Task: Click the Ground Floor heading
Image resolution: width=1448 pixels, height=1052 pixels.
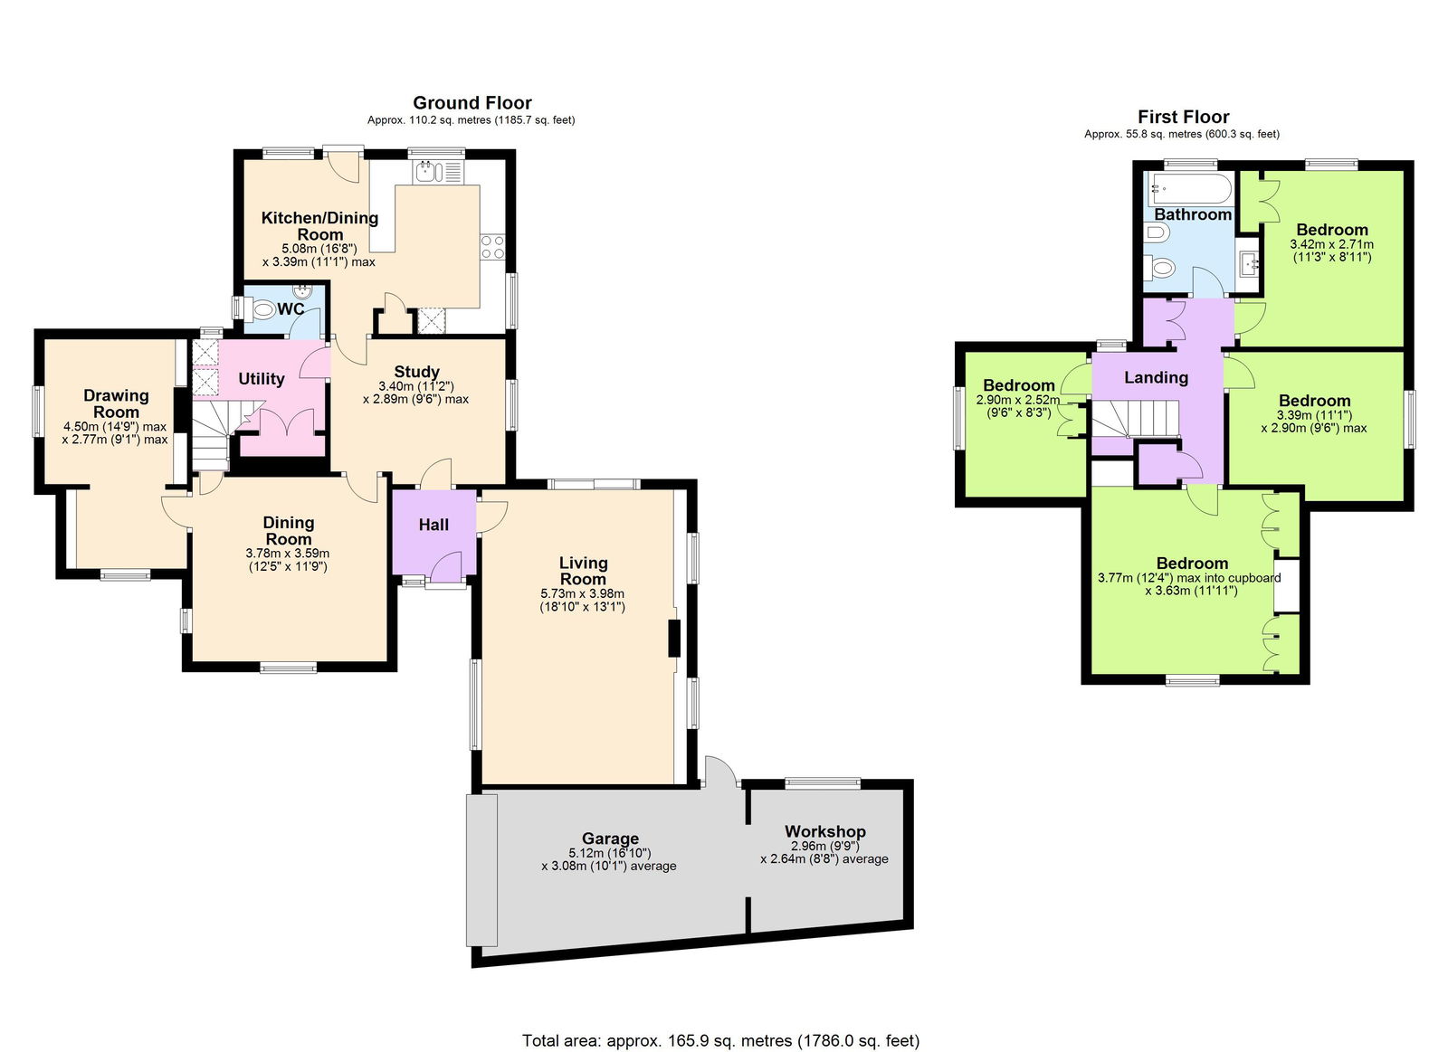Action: (472, 103)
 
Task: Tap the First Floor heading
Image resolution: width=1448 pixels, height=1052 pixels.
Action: (1183, 117)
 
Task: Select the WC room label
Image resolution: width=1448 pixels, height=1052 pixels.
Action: (291, 309)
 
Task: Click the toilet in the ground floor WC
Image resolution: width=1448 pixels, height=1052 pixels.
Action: (262, 310)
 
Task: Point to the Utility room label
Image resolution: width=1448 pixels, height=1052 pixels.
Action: (261, 379)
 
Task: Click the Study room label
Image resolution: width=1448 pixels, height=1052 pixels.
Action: (416, 372)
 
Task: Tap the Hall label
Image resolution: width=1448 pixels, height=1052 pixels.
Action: (433, 525)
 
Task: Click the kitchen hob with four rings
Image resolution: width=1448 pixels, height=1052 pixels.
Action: (492, 247)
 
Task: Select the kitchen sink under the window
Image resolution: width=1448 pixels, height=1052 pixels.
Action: (425, 171)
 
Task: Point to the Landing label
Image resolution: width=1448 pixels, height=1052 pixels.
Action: (1156, 377)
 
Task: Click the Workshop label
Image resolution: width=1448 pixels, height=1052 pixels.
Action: (824, 831)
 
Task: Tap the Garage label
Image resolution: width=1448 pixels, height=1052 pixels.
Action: (610, 839)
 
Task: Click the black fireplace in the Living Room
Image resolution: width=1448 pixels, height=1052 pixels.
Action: (673, 639)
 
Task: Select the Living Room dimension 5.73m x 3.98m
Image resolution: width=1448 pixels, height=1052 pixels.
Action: (582, 600)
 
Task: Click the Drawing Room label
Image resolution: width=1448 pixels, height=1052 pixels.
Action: (116, 403)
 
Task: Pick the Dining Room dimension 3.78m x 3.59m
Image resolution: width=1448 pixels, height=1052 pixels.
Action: (288, 560)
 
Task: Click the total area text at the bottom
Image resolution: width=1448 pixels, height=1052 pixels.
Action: (720, 1040)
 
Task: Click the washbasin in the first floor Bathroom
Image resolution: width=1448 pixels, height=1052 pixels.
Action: (1250, 264)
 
